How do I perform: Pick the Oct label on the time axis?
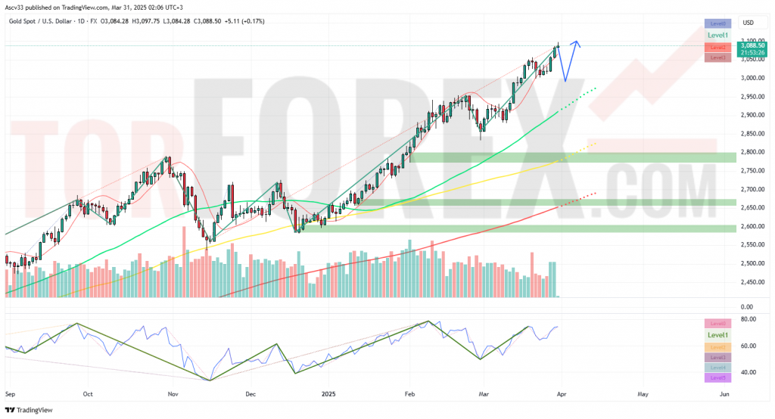pos(87,394)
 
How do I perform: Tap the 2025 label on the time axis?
pos(328,394)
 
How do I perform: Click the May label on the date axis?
pos(643,394)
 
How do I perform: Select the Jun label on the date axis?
pos(724,394)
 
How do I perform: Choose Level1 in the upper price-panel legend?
pos(717,36)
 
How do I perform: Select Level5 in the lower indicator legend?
pos(717,377)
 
